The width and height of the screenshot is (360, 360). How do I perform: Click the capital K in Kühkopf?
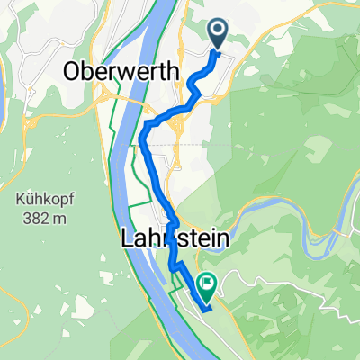coord(16,199)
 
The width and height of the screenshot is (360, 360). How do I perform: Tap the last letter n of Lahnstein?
coord(222,240)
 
